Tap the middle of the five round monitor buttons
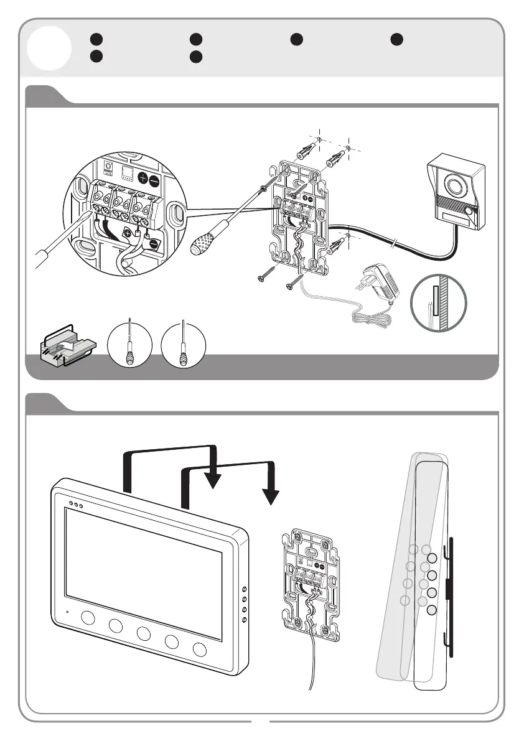point(144,634)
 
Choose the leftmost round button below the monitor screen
point(87,619)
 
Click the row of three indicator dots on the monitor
point(75,505)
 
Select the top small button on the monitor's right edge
point(245,589)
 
